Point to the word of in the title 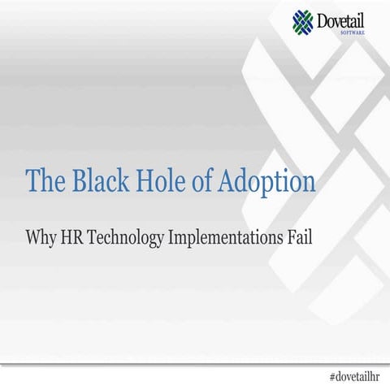(201, 180)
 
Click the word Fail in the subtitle (300, 238)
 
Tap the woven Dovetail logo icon (301, 22)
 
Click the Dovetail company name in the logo (344, 19)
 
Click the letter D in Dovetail (323, 19)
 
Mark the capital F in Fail (291, 238)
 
